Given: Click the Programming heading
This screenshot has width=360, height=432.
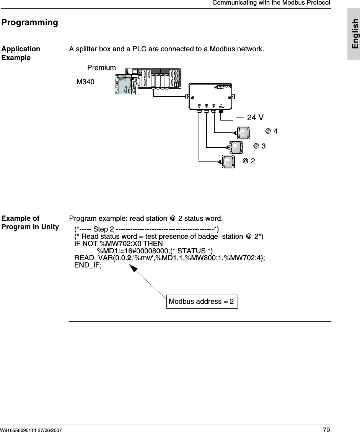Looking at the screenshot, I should coord(30,22).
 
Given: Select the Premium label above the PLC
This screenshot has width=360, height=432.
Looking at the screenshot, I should coord(101,68).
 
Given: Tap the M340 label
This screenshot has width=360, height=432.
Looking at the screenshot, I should coord(85,82).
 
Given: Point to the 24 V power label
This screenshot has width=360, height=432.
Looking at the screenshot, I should coord(255,117).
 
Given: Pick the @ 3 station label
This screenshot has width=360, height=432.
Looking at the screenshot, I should coord(259,146).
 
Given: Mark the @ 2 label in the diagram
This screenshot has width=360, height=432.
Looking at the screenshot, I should coord(249,161).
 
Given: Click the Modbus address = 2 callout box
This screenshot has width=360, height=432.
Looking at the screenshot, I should coord(202,302).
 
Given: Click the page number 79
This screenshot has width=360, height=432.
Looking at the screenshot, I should coord(326,428).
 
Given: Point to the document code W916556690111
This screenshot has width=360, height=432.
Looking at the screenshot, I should coord(23,428).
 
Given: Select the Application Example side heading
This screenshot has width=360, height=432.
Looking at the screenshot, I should coord(21,53).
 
